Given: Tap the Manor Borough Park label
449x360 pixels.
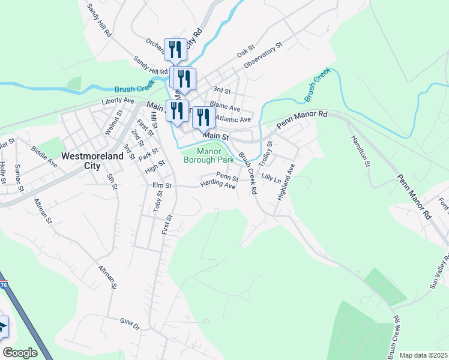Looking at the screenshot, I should pyautogui.click(x=208, y=156).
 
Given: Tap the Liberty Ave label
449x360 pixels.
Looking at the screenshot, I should pyautogui.click(x=118, y=101).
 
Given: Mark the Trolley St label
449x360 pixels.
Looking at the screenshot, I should pyautogui.click(x=265, y=154).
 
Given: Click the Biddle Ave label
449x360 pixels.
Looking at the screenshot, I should pyautogui.click(x=44, y=158).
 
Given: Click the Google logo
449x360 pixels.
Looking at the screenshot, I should pyautogui.click(x=20, y=353).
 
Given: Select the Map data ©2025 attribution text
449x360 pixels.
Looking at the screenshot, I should pyautogui.click(x=423, y=355).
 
